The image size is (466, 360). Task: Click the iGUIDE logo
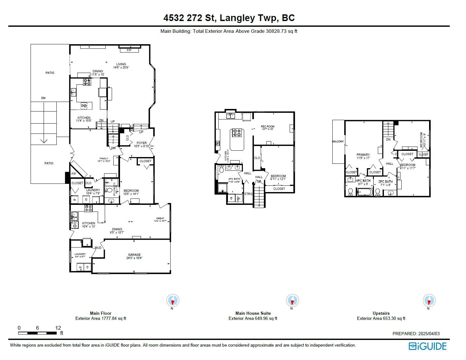427,346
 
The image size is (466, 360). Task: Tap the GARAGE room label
134,255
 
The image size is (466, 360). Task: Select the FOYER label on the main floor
142,143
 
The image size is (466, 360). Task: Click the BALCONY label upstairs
338,141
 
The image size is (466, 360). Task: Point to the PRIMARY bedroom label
363,155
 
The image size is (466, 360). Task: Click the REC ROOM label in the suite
267,126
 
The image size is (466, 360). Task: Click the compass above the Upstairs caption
429,300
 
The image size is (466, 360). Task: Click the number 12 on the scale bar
58,328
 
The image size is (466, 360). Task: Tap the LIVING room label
121,64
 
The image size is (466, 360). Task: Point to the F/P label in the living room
129,50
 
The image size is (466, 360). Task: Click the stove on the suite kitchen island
237,133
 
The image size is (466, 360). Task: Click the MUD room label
98,248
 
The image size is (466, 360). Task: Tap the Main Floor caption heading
101,313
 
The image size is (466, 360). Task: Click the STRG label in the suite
248,194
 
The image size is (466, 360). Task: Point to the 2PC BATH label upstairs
385,182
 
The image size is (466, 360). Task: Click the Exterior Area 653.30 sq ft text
381,318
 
